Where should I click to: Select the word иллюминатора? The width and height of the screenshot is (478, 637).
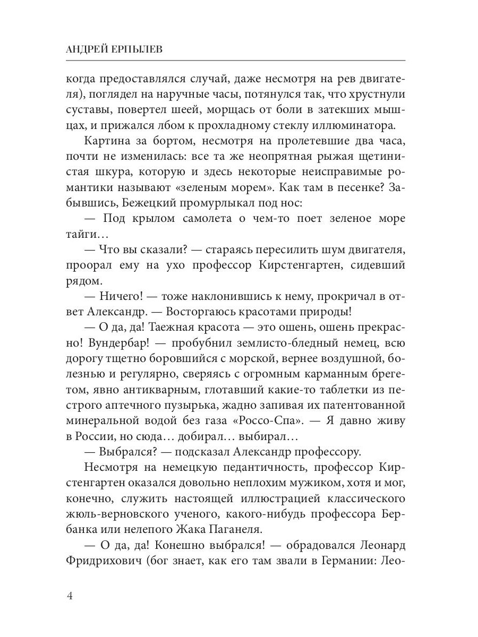[358, 126]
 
